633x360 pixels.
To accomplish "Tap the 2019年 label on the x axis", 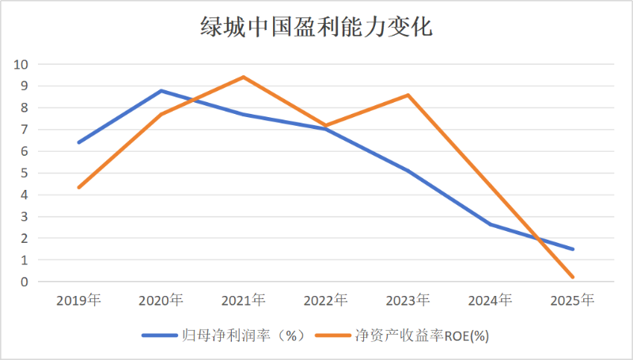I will (x=78, y=300).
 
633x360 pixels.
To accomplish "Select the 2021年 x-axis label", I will (x=243, y=300).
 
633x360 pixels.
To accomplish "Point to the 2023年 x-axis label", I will (x=407, y=300).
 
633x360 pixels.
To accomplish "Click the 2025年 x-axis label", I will (x=572, y=300).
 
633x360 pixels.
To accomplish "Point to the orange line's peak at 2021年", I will (x=243, y=77).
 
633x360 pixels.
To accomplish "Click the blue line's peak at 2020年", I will (x=161, y=90).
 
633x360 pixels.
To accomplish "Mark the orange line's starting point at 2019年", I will (x=78, y=188).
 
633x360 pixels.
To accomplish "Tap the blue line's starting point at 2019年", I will (x=78, y=142).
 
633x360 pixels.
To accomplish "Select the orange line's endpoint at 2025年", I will (x=572, y=277).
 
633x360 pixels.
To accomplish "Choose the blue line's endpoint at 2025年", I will (x=572, y=248).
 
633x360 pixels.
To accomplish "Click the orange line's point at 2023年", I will (x=407, y=95).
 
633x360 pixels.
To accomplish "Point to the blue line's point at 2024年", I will (x=490, y=224).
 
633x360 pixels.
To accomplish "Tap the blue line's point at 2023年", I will (x=407, y=170).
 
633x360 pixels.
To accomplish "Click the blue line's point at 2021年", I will (x=243, y=114).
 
